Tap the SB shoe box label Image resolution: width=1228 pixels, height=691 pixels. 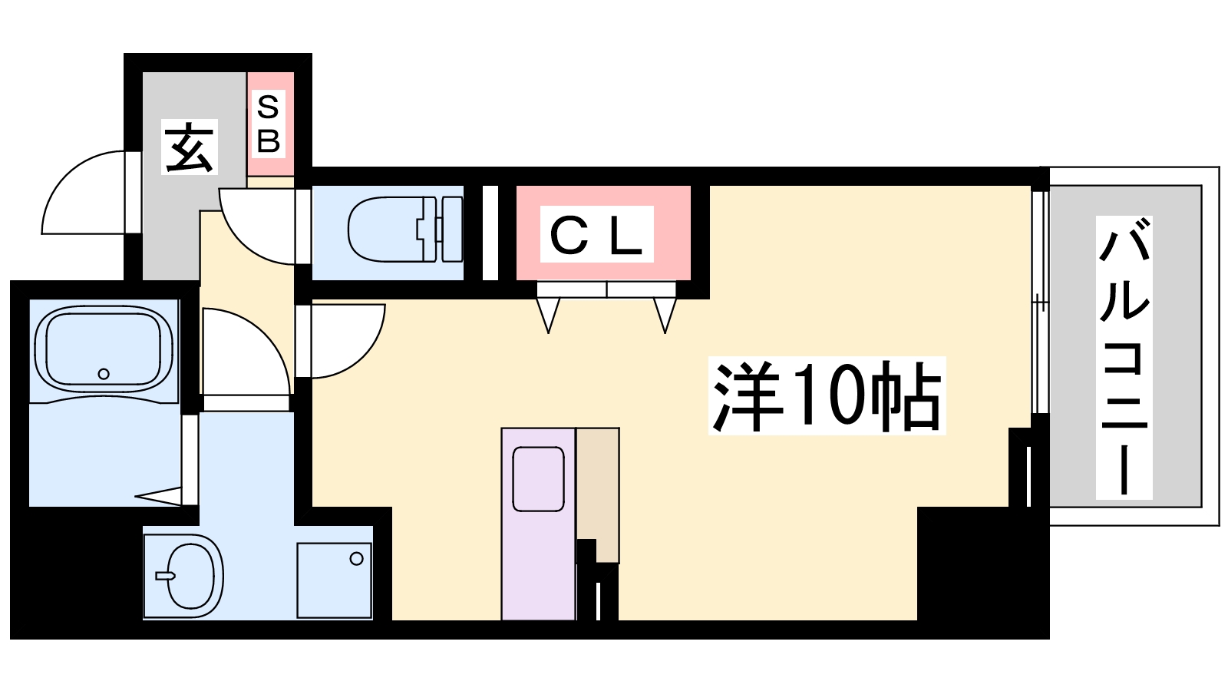(x=268, y=124)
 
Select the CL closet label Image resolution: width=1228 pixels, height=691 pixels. (x=596, y=235)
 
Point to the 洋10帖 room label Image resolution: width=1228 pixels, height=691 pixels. (x=827, y=396)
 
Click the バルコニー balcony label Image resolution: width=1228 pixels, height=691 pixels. (x=1124, y=358)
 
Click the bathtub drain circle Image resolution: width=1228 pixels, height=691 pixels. (x=104, y=374)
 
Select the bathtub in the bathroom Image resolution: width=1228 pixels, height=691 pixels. (x=104, y=350)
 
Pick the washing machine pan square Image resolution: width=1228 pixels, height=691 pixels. (x=335, y=580)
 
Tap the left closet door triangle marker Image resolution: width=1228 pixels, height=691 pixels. (x=549, y=314)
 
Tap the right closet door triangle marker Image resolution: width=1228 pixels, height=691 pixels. (x=665, y=314)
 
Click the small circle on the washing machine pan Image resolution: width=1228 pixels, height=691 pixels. (x=356, y=559)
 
